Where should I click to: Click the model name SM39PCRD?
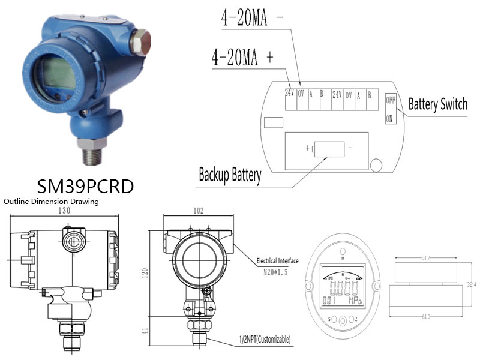85,185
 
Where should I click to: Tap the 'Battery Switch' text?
437,104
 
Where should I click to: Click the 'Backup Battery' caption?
230,175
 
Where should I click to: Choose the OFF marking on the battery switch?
390,100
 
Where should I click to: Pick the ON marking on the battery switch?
389,119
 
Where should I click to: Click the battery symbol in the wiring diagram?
326,148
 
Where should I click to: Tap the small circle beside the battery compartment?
377,164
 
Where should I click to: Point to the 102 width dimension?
198,211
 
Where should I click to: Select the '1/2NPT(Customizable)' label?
264,340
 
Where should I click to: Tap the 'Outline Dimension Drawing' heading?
51,202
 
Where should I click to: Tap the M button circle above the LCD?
342,251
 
